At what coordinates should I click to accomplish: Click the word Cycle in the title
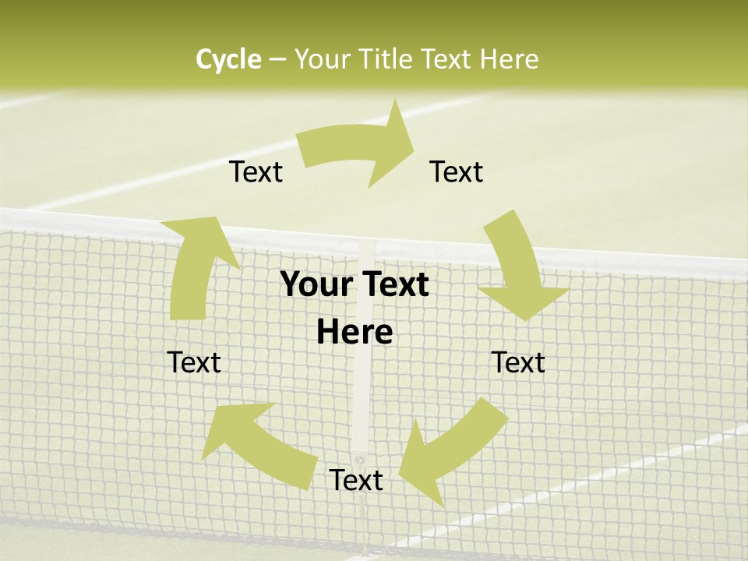coord(228,59)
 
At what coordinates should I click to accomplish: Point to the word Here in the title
coord(509,59)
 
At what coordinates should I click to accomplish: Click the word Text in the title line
coord(446,59)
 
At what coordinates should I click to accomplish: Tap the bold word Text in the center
coord(394,285)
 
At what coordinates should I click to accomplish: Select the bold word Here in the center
coord(355,333)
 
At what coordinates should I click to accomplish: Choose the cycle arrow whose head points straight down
coord(517,269)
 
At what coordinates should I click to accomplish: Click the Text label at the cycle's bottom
coord(356,480)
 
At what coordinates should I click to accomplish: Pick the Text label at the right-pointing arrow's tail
coord(256,171)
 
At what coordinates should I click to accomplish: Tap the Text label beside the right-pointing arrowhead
coord(457,171)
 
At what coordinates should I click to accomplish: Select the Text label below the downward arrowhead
coord(518,362)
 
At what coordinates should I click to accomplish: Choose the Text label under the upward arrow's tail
coord(194,362)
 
